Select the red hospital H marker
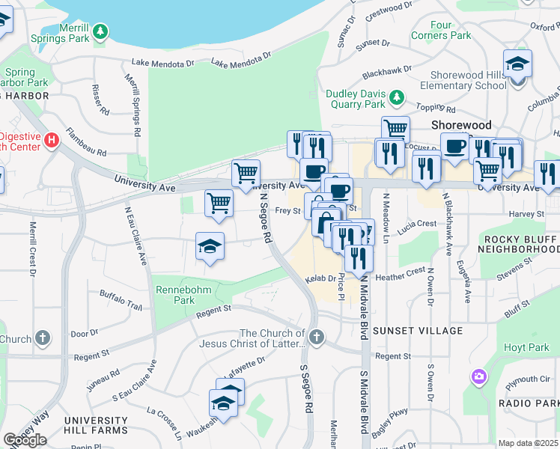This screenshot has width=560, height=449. [x=51, y=141]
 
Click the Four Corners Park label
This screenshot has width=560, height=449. [x=441, y=30]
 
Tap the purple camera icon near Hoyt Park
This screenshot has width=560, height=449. [x=478, y=376]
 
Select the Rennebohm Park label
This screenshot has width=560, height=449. [x=183, y=294]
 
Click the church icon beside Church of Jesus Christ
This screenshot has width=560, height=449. [x=317, y=337]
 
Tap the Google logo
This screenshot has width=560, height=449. [x=25, y=440]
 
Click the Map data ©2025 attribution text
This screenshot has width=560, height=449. [x=528, y=443]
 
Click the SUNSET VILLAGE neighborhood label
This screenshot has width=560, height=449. [x=428, y=330]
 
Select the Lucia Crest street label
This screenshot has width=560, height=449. [x=417, y=224]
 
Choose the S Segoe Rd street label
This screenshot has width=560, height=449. [x=306, y=389]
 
